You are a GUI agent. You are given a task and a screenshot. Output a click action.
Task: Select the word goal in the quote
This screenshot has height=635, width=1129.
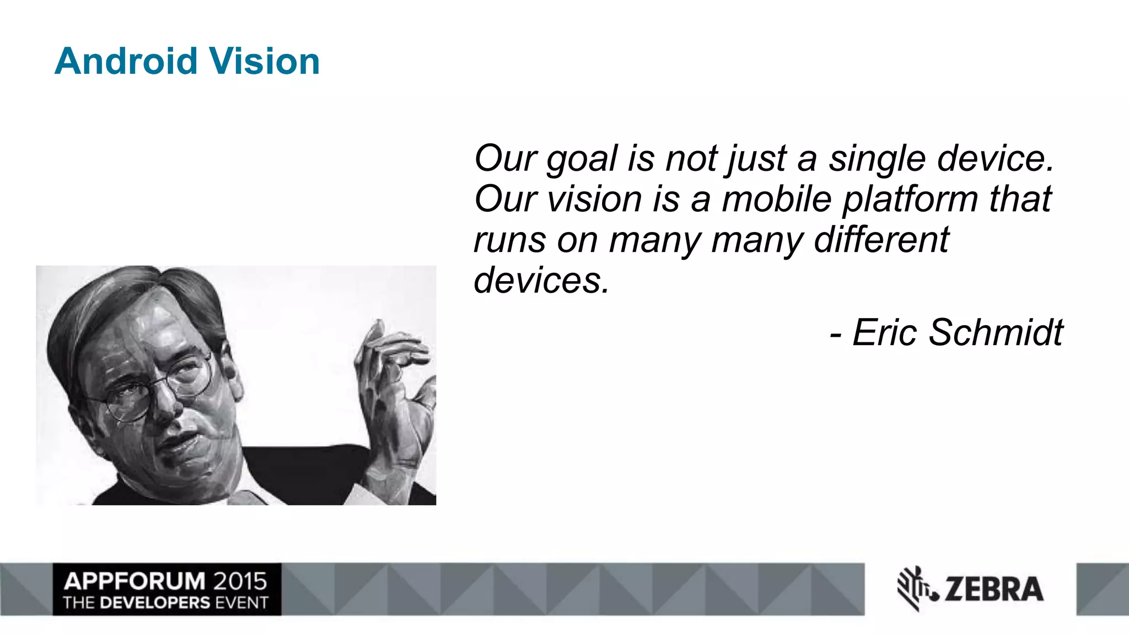582,160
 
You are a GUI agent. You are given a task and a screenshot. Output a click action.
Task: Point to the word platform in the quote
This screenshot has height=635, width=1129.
910,199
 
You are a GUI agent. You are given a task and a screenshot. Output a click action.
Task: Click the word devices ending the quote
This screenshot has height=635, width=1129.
541,281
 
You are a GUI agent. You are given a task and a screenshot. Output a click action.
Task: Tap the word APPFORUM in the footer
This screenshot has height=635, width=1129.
134,582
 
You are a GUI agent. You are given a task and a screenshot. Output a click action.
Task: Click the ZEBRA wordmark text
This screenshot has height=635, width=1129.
993,589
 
